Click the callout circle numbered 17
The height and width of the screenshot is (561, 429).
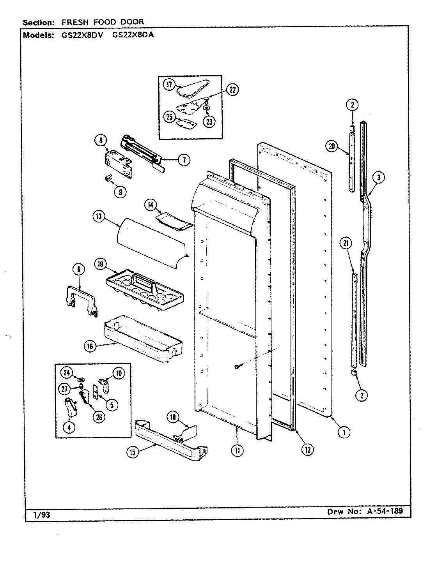pyautogui.click(x=169, y=85)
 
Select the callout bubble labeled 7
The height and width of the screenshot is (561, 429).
pyautogui.click(x=184, y=160)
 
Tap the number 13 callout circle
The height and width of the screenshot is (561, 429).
pyautogui.click(x=99, y=216)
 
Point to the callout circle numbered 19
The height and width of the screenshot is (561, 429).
pyautogui.click(x=100, y=265)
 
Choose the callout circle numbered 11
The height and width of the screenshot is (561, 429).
pyautogui.click(x=237, y=451)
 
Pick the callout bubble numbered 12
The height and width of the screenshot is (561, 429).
pyautogui.click(x=307, y=449)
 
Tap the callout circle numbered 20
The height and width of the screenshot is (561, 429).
pyautogui.click(x=332, y=146)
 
